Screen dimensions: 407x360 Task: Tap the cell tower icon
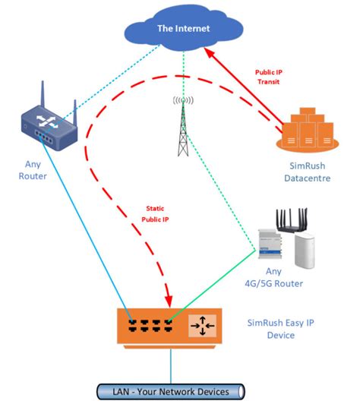(183, 126)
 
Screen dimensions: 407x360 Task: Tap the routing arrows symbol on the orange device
(204, 325)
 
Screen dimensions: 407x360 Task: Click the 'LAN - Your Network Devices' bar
(171, 391)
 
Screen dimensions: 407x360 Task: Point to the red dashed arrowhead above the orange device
(169, 298)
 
